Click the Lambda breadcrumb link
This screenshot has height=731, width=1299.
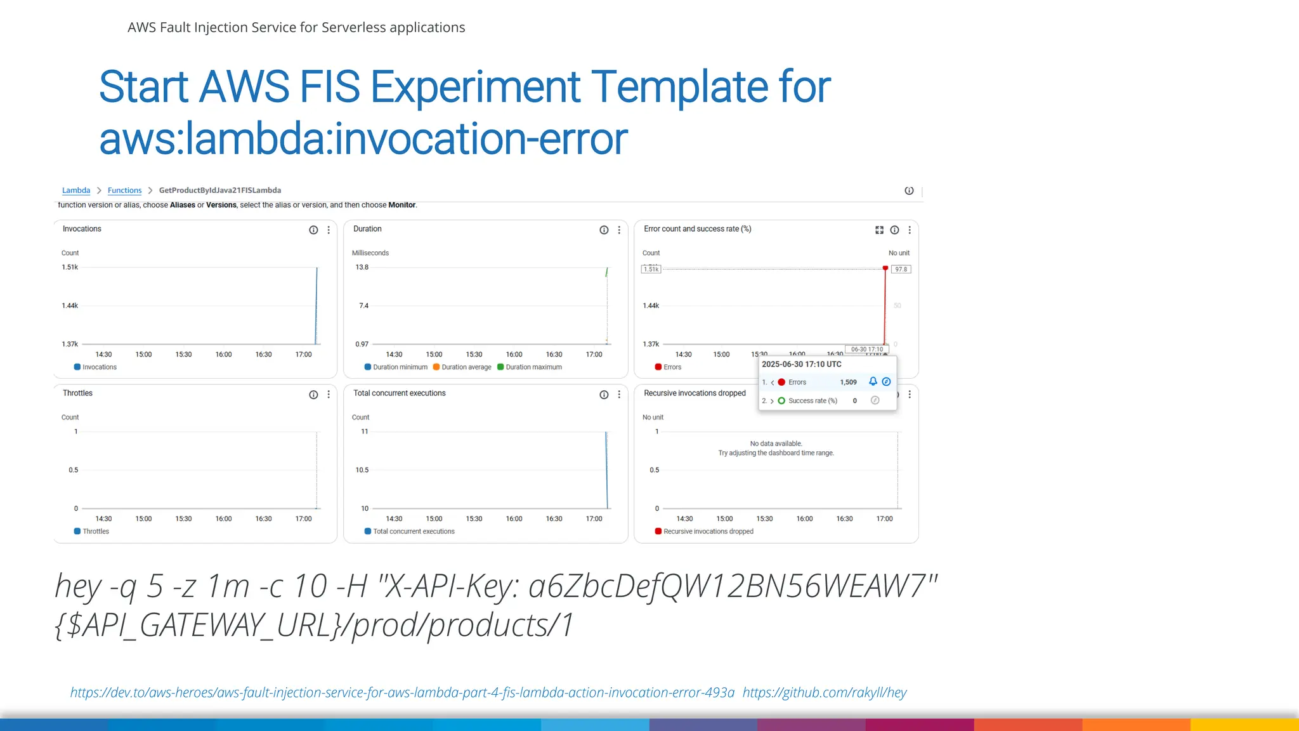coord(76,190)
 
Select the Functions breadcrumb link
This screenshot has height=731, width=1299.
coord(124,190)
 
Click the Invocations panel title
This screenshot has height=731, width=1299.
coord(82,229)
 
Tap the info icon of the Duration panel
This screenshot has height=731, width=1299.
coord(604,230)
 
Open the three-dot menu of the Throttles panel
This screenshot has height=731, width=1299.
coord(329,395)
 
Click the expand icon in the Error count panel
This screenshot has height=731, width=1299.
coord(879,230)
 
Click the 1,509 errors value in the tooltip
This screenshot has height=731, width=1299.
coord(848,383)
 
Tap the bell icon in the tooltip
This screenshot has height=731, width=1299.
coord(873,381)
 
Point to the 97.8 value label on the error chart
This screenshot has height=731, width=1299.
coord(901,270)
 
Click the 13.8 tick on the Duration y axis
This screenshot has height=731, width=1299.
coord(362,267)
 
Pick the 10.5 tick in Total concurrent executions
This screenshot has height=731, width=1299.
coord(362,470)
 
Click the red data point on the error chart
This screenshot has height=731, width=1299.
coord(885,268)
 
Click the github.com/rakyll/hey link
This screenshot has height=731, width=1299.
coord(825,692)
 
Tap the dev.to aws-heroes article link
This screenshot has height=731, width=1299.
coord(402,692)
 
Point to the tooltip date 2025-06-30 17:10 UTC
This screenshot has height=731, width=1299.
coord(802,364)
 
